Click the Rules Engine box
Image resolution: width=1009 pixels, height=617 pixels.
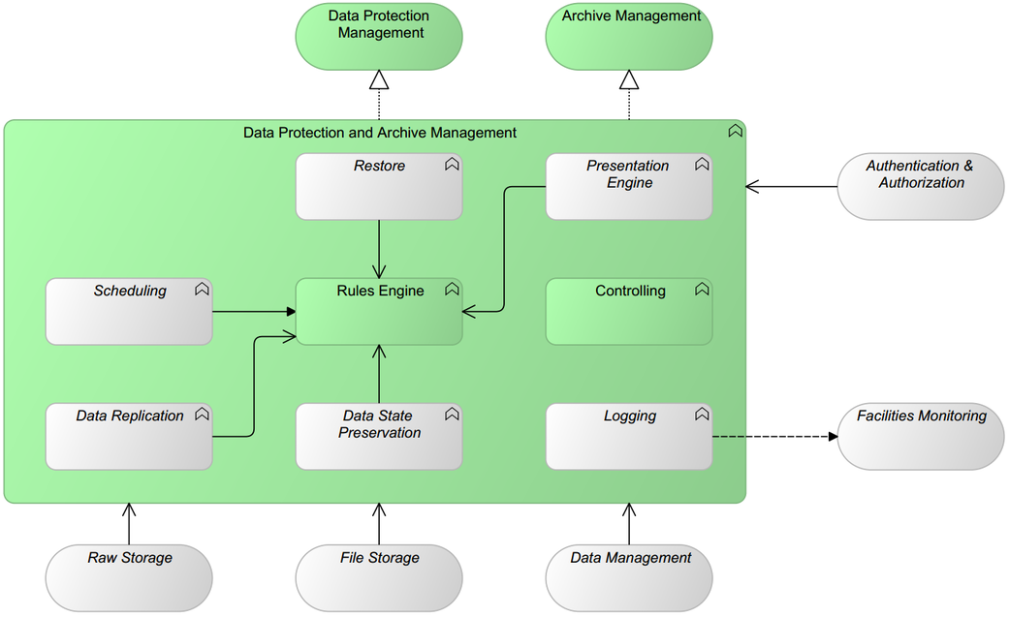(x=379, y=312)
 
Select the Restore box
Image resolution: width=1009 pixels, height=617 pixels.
(x=379, y=186)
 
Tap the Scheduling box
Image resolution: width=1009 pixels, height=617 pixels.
(x=129, y=312)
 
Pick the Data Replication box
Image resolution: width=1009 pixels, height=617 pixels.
(x=129, y=437)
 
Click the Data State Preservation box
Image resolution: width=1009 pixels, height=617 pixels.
(x=379, y=437)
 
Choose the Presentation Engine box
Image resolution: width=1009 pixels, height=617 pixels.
(x=629, y=186)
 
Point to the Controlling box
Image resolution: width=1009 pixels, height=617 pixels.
(x=629, y=312)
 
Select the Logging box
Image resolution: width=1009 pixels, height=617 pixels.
(x=629, y=437)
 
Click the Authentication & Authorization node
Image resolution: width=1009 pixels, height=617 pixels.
(x=921, y=186)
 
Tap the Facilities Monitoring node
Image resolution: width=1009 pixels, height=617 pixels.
(x=921, y=437)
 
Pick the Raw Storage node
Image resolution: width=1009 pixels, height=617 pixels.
(x=129, y=578)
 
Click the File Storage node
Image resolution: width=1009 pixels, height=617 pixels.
(x=379, y=578)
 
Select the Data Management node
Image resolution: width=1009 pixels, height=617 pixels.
(x=629, y=578)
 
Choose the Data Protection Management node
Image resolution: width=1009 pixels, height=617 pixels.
(x=379, y=36)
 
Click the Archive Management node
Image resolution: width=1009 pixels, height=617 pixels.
(x=629, y=36)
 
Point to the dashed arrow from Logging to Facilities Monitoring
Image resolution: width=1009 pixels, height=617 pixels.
(x=775, y=437)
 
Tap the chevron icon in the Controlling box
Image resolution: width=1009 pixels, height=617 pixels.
(x=703, y=290)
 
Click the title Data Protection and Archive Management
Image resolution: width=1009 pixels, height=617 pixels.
(x=380, y=133)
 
